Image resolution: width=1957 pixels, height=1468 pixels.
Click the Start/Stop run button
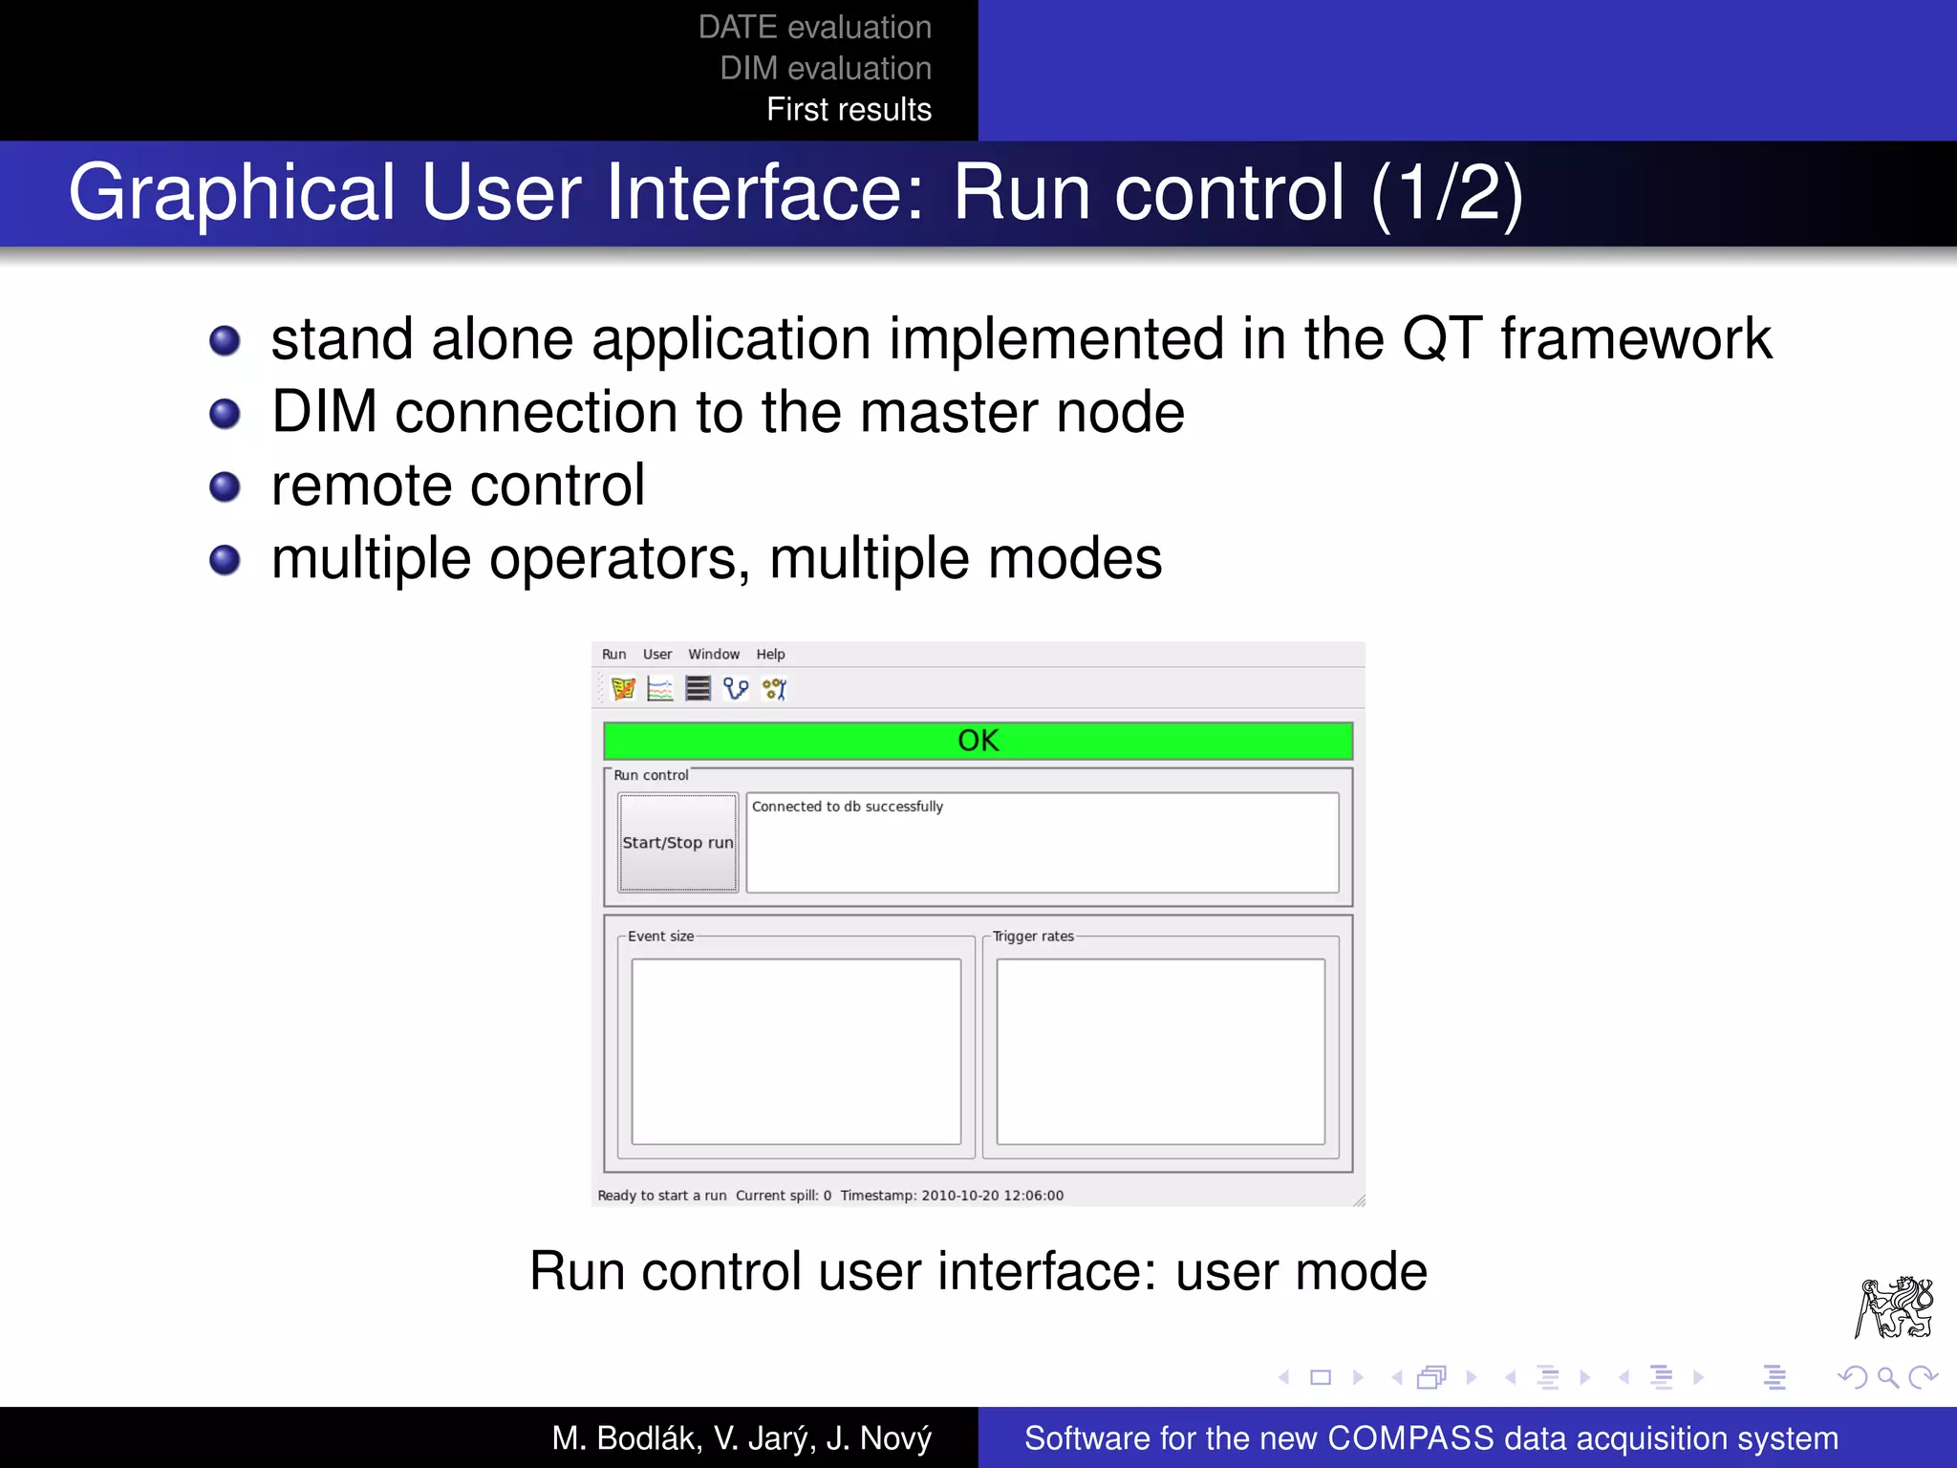pyautogui.click(x=677, y=842)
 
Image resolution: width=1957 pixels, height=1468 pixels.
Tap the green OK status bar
pyautogui.click(x=978, y=741)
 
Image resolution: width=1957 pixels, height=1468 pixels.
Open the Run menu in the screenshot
pyautogui.click(x=613, y=655)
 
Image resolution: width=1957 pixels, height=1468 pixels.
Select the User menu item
pyautogui.click(x=656, y=655)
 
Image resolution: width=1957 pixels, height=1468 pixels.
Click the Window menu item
pyautogui.click(x=714, y=655)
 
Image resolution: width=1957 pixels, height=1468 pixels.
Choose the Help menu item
pyautogui.click(x=770, y=655)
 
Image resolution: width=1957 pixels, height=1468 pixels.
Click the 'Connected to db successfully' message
pyautogui.click(x=847, y=807)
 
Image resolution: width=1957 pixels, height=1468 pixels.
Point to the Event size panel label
pyautogui.click(x=660, y=937)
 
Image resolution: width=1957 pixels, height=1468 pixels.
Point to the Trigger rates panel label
pyautogui.click(x=1033, y=937)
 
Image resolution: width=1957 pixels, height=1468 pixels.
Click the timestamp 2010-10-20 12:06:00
pyautogui.click(x=992, y=1196)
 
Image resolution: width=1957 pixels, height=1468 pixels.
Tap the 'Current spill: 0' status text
pyautogui.click(x=783, y=1196)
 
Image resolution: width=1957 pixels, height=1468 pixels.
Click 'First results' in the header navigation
pyautogui.click(x=849, y=110)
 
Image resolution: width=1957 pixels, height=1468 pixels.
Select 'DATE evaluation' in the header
pyautogui.click(x=814, y=28)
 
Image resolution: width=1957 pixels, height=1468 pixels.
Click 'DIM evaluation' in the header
pyautogui.click(x=826, y=69)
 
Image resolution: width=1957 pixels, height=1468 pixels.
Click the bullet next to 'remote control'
pyautogui.click(x=225, y=486)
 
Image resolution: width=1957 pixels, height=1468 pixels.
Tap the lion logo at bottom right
pyautogui.click(x=1894, y=1306)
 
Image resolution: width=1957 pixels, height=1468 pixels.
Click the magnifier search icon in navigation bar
pyautogui.click(x=1887, y=1377)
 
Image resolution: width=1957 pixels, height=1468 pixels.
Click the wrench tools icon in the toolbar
pyautogui.click(x=774, y=688)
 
